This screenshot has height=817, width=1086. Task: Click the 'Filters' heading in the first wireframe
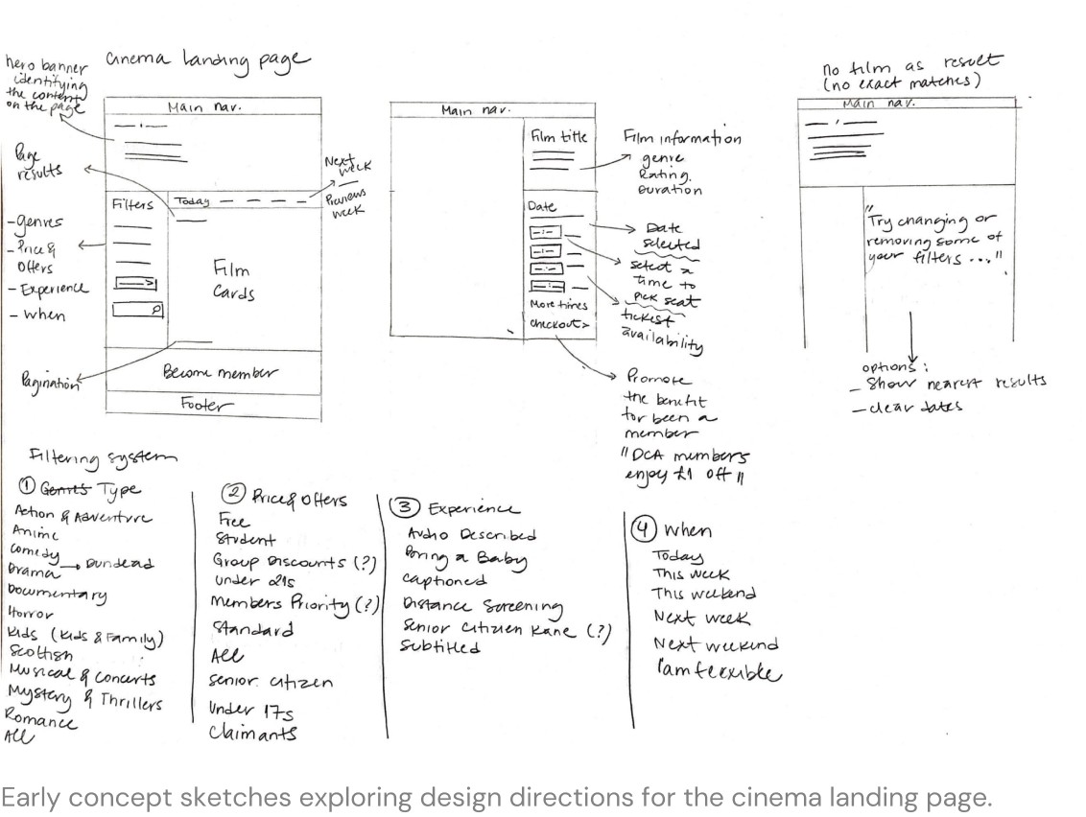131,204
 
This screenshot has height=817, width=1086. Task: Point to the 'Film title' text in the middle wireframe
557,137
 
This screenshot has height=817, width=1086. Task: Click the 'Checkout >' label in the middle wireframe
557,325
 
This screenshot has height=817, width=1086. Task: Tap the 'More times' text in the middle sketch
557,305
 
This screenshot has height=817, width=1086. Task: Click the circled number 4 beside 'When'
641,529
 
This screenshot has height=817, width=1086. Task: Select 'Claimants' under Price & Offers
253,734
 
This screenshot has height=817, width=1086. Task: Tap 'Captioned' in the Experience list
444,580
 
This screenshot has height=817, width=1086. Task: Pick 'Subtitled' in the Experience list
440,647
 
